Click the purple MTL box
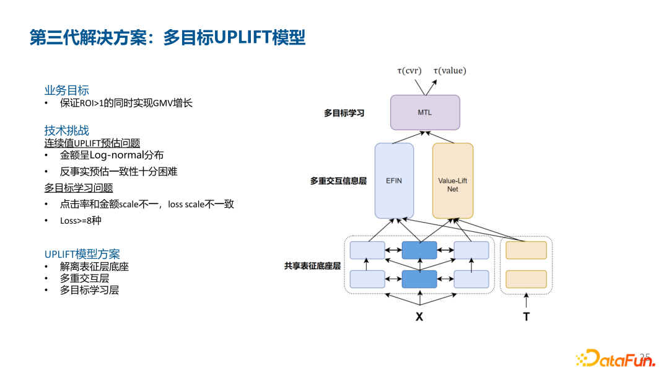pyautogui.click(x=425, y=112)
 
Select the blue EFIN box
pyautogui.click(x=394, y=180)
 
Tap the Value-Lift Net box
pyautogui.click(x=452, y=180)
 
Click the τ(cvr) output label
pyautogui.click(x=409, y=71)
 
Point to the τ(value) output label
pyautogui.click(x=450, y=71)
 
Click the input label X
pyautogui.click(x=419, y=316)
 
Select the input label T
pyautogui.click(x=526, y=316)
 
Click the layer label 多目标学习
pyautogui.click(x=344, y=113)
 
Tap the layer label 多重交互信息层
pyautogui.click(x=338, y=181)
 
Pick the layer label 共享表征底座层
pyautogui.click(x=312, y=265)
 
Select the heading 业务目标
pyautogui.click(x=66, y=91)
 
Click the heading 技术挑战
pyautogui.click(x=66, y=130)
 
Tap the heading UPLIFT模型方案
pyautogui.click(x=82, y=254)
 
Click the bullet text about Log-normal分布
pyautogui.click(x=111, y=155)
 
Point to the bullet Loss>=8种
pyautogui.click(x=81, y=220)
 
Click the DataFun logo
pyautogui.click(x=613, y=359)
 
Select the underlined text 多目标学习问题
pyautogui.click(x=78, y=187)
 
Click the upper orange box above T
pyautogui.click(x=526, y=250)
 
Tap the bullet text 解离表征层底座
pyautogui.click(x=94, y=267)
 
